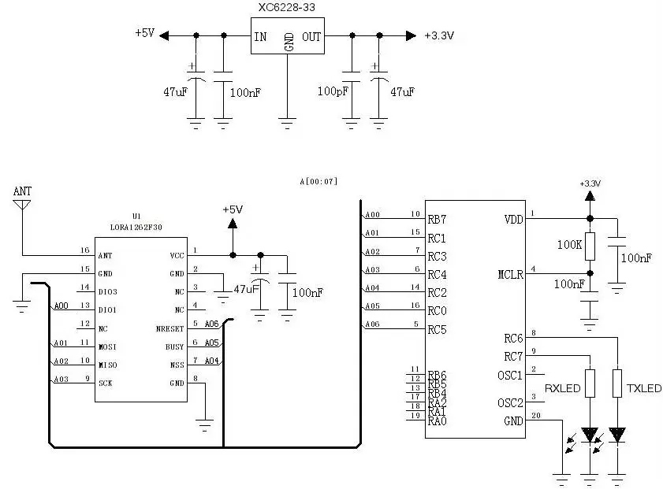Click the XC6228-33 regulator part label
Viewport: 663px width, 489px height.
(288, 9)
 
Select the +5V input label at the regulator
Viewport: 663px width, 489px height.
(145, 33)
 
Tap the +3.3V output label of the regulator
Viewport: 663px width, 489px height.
(439, 35)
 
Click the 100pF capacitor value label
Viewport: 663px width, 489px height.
(333, 92)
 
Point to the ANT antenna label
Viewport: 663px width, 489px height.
(22, 191)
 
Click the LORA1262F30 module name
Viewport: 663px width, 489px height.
(136, 228)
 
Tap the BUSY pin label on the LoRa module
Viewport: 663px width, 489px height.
(174, 346)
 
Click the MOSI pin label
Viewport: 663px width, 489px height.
(107, 346)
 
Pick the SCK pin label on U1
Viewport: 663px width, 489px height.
(105, 383)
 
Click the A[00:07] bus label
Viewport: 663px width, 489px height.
(318, 181)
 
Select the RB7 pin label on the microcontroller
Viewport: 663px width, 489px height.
(437, 219)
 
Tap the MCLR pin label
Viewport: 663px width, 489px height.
(510, 274)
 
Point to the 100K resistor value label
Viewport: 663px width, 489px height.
(569, 245)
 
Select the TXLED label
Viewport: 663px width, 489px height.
(644, 388)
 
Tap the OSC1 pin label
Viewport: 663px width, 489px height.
(510, 375)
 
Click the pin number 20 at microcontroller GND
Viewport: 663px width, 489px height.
(536, 416)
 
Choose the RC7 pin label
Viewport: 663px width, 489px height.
(513, 356)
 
